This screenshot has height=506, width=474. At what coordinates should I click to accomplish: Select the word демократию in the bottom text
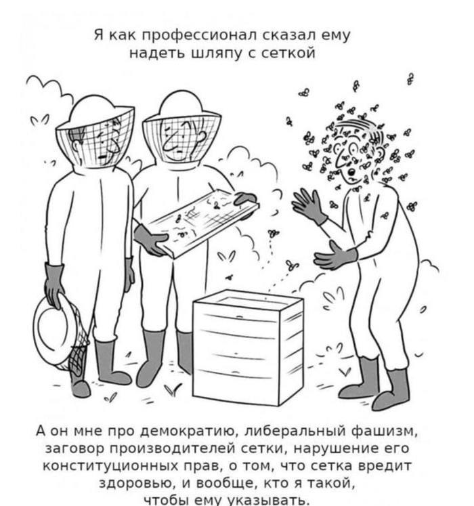point(190,431)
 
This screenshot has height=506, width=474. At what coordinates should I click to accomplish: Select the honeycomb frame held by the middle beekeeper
point(204,223)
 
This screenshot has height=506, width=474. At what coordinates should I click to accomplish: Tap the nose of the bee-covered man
point(351,171)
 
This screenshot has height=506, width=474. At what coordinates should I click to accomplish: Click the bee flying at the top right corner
point(410,79)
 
